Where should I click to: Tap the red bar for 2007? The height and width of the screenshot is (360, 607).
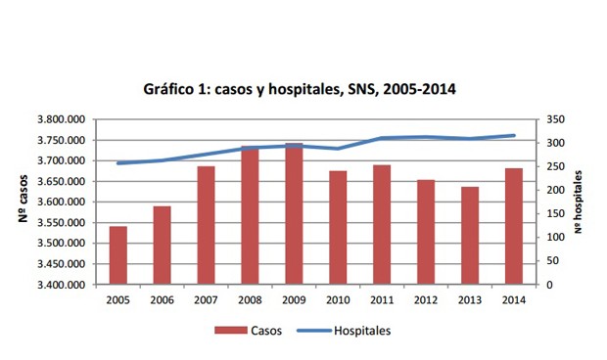point(205,226)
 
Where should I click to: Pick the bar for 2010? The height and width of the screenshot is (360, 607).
point(337,228)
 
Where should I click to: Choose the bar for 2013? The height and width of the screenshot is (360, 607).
point(469,236)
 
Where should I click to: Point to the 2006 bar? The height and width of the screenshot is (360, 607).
point(162,246)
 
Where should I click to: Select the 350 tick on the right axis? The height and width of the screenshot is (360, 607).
point(555,119)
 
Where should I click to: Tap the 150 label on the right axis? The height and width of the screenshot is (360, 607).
point(555,214)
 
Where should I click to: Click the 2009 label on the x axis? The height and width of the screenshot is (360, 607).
point(293,299)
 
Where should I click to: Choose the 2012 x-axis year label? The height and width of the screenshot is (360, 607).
point(425,299)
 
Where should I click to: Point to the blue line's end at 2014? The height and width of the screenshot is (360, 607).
point(514,136)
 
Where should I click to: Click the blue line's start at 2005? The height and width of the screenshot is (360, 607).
point(118,163)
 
